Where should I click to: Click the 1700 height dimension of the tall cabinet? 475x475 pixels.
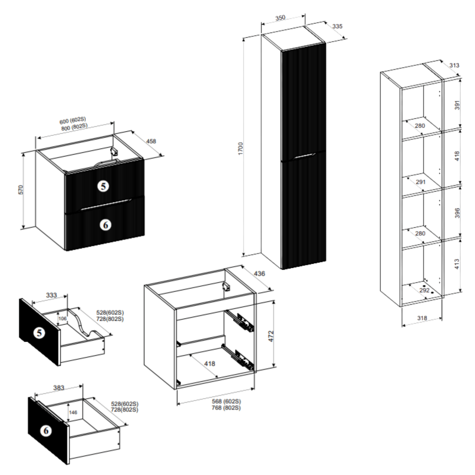coord(240,149)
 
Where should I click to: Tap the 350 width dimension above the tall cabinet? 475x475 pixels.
coord(280,18)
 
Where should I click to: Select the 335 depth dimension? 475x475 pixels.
coord(337,26)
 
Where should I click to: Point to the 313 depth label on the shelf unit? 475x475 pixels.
coord(454,65)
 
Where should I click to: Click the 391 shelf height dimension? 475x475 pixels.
coord(457,105)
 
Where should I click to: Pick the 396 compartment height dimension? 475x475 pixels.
coord(457,213)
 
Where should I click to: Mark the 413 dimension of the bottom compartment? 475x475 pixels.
coord(457,264)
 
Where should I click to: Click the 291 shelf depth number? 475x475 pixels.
coord(420,182)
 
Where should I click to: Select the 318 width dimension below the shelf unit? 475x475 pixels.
coord(422,318)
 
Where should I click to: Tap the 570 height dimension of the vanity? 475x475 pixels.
coord(20,190)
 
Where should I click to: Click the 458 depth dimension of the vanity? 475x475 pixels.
coord(151,141)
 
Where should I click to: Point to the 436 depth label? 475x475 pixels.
coord(259,274)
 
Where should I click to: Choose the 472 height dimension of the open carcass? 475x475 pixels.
coord(271,336)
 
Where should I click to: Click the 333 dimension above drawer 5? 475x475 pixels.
coord(51,295)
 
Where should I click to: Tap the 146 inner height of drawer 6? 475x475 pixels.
coord(73,412)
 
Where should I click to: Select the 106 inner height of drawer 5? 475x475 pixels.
coord(62,318)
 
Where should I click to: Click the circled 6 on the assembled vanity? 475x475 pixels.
coord(105,225)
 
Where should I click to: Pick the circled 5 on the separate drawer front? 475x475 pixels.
coord(39,333)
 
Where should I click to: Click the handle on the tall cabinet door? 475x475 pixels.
coord(304,156)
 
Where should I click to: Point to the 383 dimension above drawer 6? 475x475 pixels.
coord(58,388)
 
